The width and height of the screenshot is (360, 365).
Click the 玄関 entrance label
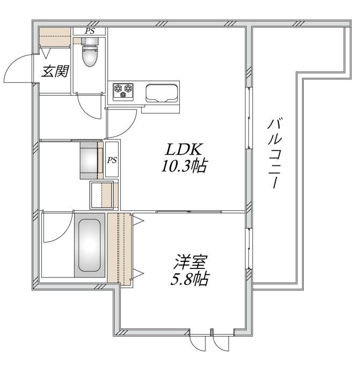pos(55,71)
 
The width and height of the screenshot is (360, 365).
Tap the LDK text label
pos(183,149)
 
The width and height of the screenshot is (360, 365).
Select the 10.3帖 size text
pos(184,166)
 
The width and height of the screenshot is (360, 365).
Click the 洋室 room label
pos(190,262)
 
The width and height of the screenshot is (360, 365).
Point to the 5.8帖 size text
pos(189,279)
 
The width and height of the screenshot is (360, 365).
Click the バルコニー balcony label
pos(274,154)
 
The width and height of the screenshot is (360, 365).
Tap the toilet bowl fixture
pos(90,53)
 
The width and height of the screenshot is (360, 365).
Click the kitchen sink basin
pos(162,93)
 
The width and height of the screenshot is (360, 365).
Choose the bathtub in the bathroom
pos(90,245)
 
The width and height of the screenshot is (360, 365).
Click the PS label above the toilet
pos(90,31)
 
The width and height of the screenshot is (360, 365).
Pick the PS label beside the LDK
pos(112,160)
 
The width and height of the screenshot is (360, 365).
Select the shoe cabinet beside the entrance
pos(55,36)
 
